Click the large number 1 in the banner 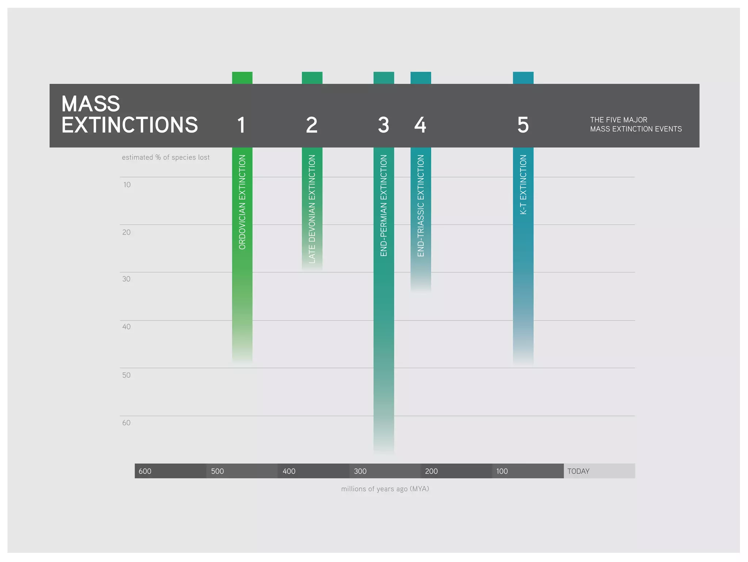tap(241, 125)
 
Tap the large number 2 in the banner tap(312, 125)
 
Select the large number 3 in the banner tap(383, 125)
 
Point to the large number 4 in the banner tap(420, 125)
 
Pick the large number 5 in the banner tap(523, 125)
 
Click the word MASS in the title tap(91, 104)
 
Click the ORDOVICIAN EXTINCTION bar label tap(242, 202)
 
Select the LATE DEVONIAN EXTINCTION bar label tap(312, 209)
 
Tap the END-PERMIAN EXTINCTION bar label tap(383, 205)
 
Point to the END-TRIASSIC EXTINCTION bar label tap(421, 205)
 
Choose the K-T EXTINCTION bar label tap(523, 184)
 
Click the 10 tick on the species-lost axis tap(127, 185)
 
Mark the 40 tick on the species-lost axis tap(126, 327)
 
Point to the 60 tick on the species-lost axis tap(126, 423)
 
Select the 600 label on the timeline tap(145, 471)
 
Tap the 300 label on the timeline tap(360, 471)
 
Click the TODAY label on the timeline tap(578, 471)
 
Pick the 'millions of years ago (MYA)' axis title tap(385, 489)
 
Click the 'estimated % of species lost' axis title tap(165, 157)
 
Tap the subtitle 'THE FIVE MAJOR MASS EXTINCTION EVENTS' tap(636, 125)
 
